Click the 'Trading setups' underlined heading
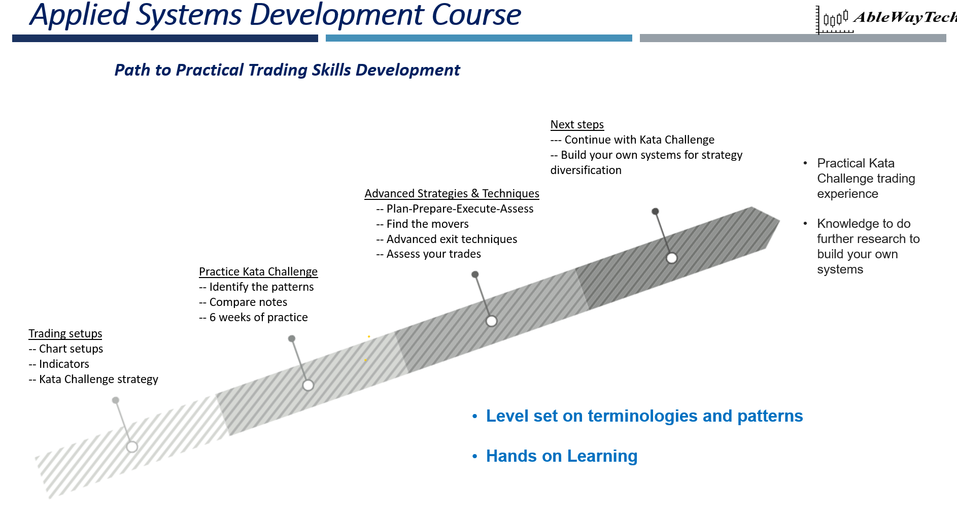click(x=65, y=333)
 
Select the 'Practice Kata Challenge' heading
click(x=258, y=271)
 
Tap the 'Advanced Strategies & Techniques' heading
click(x=452, y=193)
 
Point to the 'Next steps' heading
click(x=577, y=124)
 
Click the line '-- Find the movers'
click(x=422, y=224)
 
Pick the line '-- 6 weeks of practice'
click(x=253, y=317)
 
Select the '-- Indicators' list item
click(x=59, y=364)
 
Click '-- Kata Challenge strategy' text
click(x=93, y=379)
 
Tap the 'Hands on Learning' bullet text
click(x=561, y=456)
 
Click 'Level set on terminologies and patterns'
click(x=644, y=416)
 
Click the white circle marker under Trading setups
click(x=132, y=447)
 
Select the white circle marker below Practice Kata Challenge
click(x=308, y=385)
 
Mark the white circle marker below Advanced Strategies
click(x=491, y=321)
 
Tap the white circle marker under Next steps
click(x=671, y=258)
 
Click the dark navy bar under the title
click(x=165, y=38)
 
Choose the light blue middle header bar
click(x=478, y=38)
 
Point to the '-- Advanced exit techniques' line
click(x=447, y=239)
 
